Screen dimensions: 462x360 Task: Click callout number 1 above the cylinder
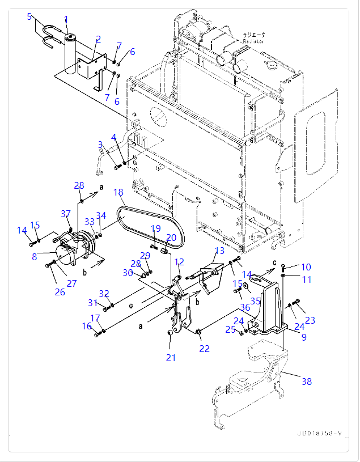click(66, 20)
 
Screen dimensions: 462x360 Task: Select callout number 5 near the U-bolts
click(29, 16)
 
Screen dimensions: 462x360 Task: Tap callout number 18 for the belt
click(118, 193)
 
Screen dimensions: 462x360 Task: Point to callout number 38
click(306, 382)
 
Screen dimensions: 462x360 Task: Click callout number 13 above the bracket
click(219, 250)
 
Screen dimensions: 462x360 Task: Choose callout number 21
click(171, 358)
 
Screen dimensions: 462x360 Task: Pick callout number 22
click(204, 349)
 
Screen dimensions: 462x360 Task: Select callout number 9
click(304, 337)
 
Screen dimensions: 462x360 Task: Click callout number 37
click(66, 214)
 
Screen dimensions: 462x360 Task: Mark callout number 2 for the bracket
click(98, 39)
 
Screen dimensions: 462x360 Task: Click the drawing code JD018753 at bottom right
click(319, 434)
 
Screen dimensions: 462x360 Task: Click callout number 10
click(306, 267)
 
